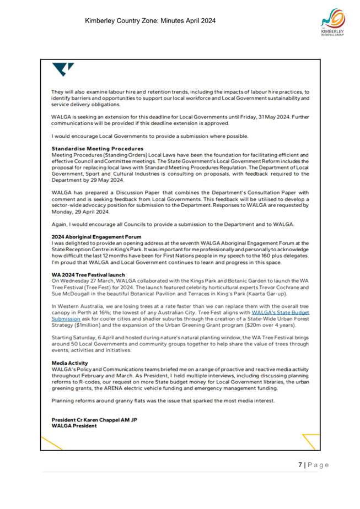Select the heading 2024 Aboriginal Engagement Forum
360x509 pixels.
pos(97,236)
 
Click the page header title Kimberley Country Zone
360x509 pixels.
pos(150,21)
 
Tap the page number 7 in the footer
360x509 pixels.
pos(300,465)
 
